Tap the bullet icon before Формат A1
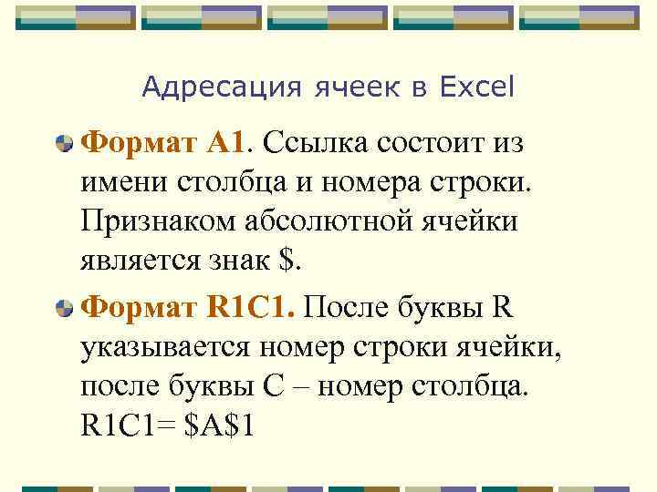[x=65, y=143]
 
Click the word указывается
[x=167, y=347]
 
